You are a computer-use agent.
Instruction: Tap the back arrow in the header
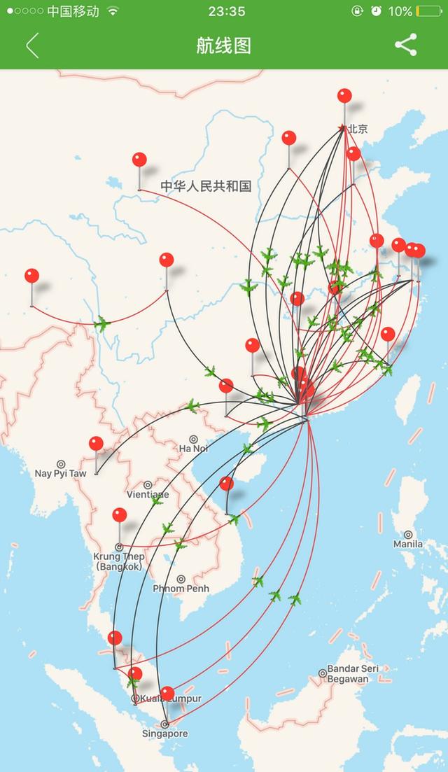tap(32, 45)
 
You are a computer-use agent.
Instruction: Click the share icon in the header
tap(405, 45)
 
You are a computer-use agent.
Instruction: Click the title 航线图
tap(223, 45)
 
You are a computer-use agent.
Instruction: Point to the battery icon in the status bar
tap(428, 11)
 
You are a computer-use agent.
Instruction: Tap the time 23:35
tap(226, 11)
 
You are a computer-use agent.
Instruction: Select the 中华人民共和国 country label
tap(206, 186)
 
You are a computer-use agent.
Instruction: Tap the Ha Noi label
tap(194, 448)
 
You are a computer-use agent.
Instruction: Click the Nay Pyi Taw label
tap(61, 473)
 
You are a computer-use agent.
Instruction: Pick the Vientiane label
tap(148, 493)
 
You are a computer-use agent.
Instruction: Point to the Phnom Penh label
tap(181, 588)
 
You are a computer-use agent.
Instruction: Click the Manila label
tap(408, 543)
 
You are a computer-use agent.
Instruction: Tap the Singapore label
tap(166, 734)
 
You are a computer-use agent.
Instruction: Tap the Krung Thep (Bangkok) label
tap(118, 561)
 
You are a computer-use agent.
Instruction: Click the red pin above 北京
tap(344, 97)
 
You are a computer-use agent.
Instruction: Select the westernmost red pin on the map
tap(31, 276)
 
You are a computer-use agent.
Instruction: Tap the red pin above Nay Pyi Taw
tap(96, 444)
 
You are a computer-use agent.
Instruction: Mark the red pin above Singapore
tap(167, 694)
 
